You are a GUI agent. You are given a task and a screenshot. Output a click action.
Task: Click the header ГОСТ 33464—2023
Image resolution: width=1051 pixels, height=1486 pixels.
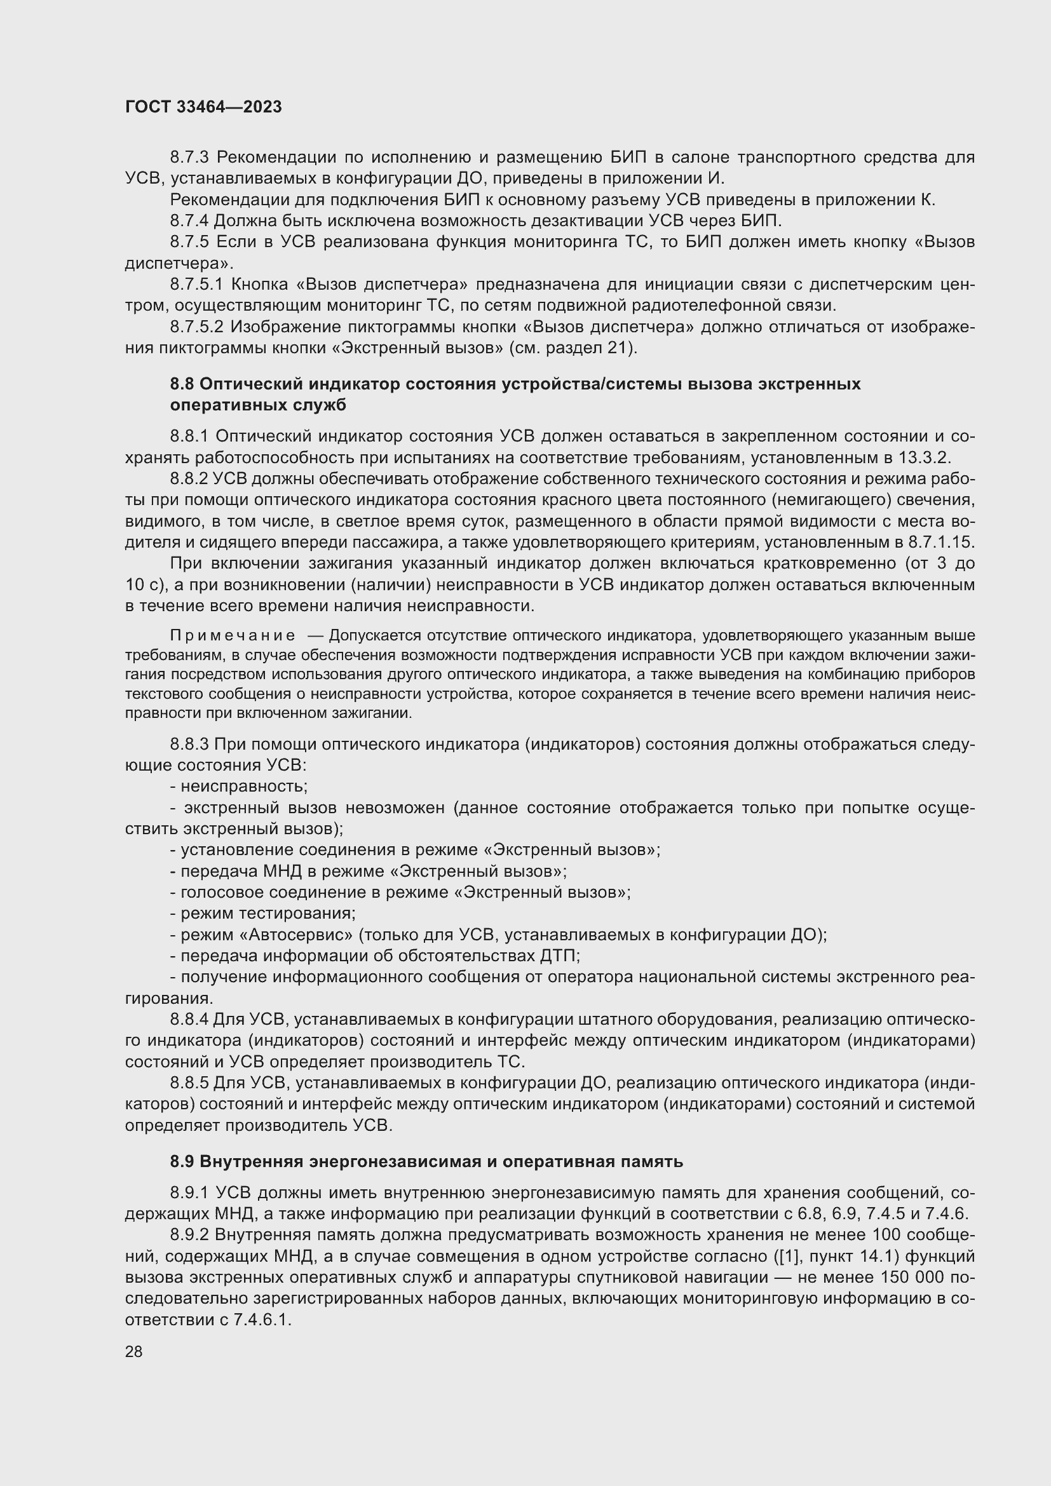click(203, 107)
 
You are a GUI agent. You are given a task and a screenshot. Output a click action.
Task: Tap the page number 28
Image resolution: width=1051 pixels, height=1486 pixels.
click(133, 1351)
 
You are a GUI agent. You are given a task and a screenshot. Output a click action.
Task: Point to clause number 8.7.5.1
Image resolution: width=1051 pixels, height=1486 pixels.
click(198, 284)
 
